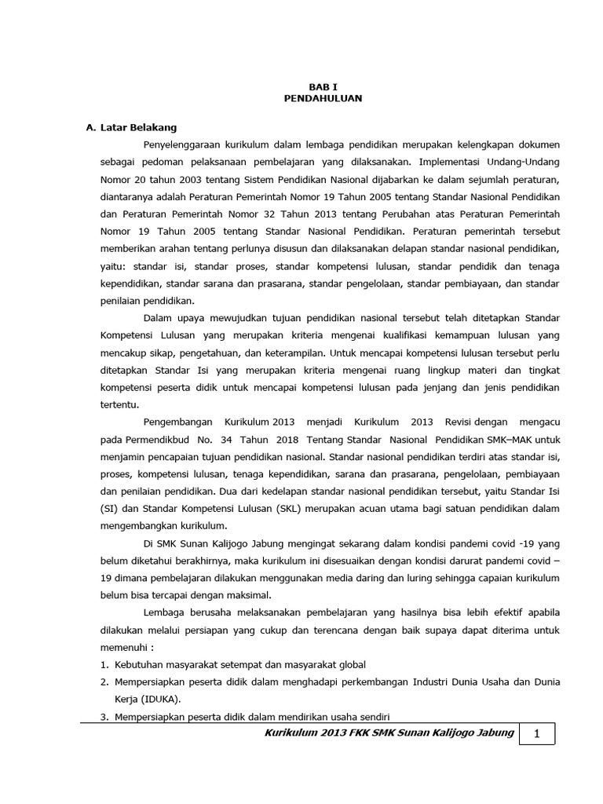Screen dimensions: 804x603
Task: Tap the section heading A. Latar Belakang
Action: click(131, 127)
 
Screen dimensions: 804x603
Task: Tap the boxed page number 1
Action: click(538, 734)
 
